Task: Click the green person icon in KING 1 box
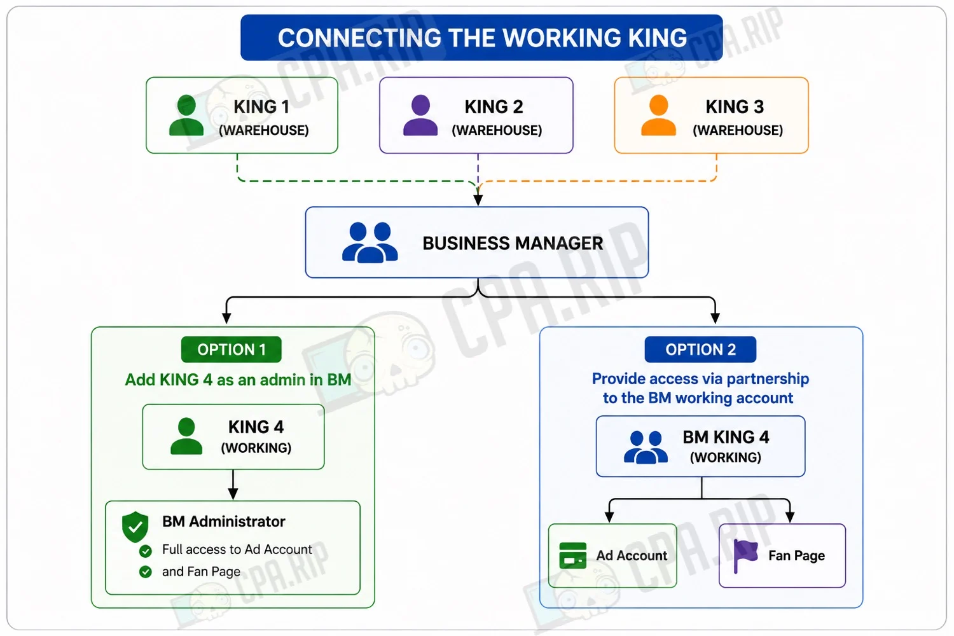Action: pos(186,115)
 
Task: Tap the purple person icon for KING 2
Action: pos(420,115)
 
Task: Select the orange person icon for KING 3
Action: pos(658,115)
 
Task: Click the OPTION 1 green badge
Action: pos(232,349)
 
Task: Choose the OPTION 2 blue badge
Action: pos(701,349)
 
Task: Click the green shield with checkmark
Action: pos(135,527)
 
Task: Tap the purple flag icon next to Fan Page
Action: pos(745,555)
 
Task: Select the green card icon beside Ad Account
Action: pos(573,555)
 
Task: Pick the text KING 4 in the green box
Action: pos(256,427)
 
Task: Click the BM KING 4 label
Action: pos(726,437)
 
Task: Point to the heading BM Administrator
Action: pos(224,522)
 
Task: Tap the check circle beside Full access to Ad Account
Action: pos(145,551)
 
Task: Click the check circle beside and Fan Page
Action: pos(145,572)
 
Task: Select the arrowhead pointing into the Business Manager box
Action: pos(478,200)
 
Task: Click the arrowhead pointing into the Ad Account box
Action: pos(609,517)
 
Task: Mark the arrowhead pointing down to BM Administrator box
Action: pos(233,494)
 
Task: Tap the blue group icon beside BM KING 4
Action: pos(646,447)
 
